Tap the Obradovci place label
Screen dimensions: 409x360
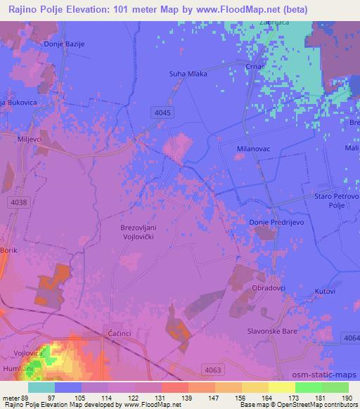click(269, 288)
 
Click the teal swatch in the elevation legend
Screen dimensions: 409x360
click(41, 387)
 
